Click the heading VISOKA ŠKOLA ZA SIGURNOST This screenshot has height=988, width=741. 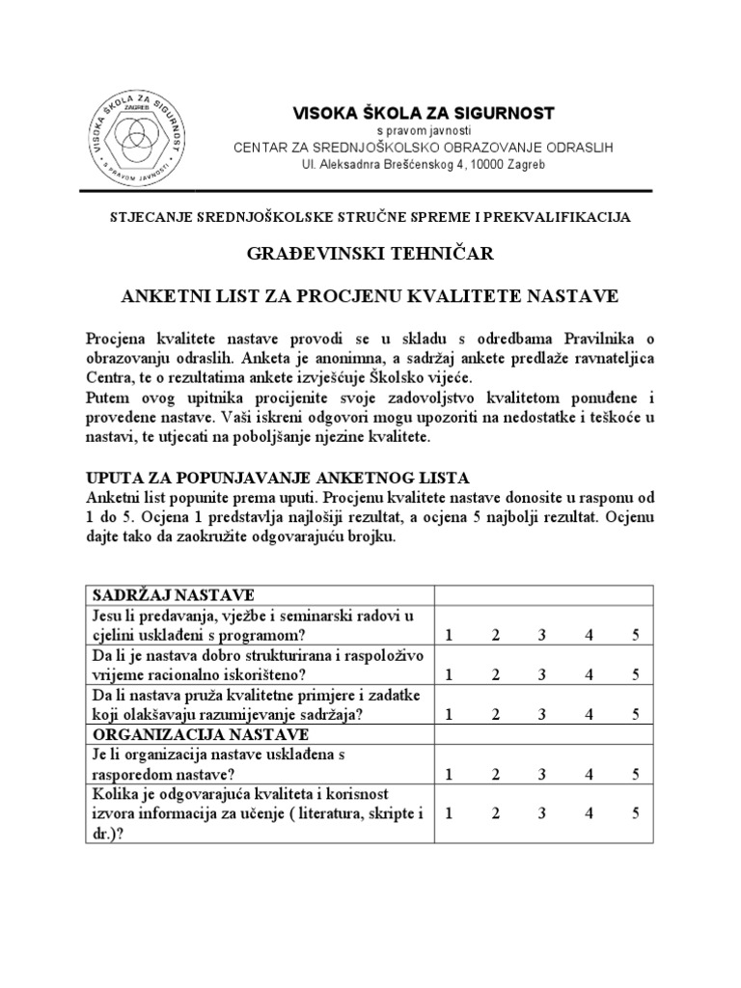(x=424, y=114)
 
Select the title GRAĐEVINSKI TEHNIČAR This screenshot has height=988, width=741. (x=370, y=254)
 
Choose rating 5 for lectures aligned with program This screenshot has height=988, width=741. (x=636, y=634)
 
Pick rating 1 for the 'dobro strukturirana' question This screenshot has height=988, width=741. (x=447, y=674)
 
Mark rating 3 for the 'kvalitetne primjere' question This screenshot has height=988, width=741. (x=542, y=715)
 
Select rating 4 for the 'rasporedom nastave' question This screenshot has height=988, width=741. (x=589, y=774)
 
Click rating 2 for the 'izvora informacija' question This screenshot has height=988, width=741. (x=495, y=813)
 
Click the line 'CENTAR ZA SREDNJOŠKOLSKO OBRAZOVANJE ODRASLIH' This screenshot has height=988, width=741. (x=424, y=148)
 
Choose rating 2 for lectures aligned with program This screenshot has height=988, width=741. (x=495, y=634)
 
